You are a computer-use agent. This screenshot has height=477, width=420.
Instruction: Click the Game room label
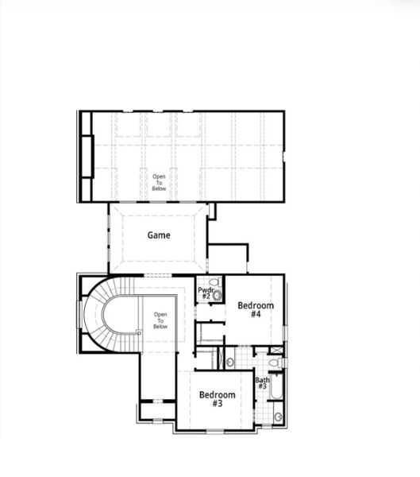160,235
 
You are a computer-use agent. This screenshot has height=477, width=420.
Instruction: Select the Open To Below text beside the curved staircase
160,320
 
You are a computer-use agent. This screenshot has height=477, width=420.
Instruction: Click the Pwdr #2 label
205,293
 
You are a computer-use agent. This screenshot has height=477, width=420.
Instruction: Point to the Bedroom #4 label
256,309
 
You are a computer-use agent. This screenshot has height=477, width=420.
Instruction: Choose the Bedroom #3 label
217,398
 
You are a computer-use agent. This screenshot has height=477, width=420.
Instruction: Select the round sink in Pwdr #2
218,295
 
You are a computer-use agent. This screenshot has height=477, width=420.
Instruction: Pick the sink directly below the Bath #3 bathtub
279,417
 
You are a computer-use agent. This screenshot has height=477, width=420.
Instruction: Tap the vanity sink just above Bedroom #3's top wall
230,363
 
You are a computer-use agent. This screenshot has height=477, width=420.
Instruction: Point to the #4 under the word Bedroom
256,314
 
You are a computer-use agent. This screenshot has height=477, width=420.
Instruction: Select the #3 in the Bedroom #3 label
217,404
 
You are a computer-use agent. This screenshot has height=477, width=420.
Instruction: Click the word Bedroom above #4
256,305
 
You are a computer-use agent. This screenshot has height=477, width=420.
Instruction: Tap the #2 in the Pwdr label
205,297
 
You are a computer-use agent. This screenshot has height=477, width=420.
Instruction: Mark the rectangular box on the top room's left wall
91,158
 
